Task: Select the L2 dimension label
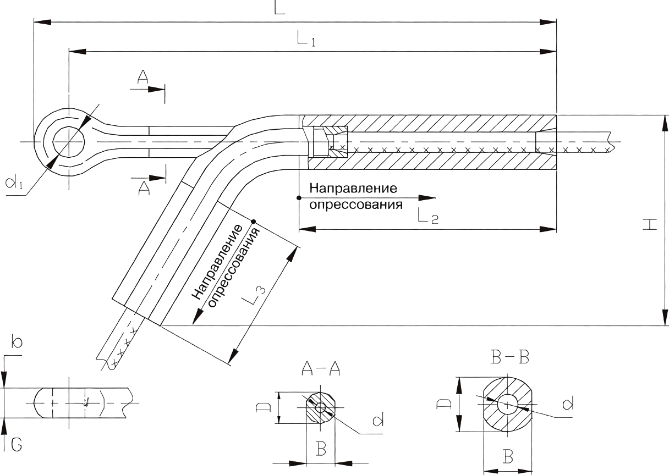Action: click(x=428, y=216)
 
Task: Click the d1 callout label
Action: click(x=14, y=182)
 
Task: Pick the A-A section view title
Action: click(x=321, y=368)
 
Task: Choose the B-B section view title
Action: click(x=510, y=357)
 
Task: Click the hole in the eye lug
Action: click(x=69, y=142)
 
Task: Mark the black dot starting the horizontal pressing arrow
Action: click(x=298, y=198)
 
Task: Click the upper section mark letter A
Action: click(x=142, y=76)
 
